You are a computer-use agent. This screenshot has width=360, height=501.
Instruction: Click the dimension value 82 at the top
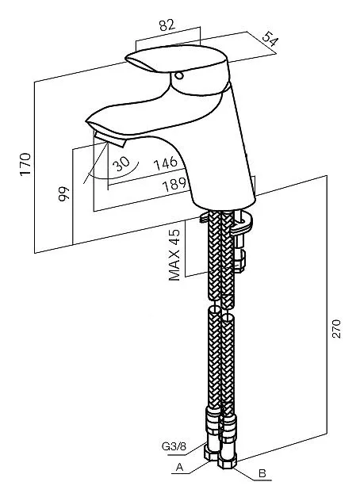167,25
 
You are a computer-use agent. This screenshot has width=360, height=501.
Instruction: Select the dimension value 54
270,40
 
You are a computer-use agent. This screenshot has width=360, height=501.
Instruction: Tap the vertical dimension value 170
25,164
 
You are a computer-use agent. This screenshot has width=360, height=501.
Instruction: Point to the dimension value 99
63,193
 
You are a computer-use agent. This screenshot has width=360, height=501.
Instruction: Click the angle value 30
121,163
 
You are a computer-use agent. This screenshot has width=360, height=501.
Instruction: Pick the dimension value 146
165,163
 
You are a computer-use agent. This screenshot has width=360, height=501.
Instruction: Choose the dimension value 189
174,185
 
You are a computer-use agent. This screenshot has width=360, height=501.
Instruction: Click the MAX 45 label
174,254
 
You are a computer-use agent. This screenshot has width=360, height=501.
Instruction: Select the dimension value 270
336,328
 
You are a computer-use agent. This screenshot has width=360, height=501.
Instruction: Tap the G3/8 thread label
174,446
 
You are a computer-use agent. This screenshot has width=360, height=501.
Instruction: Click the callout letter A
179,467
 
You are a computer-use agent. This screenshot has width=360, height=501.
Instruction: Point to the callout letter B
262,473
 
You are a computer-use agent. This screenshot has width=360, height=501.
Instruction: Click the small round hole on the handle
178,76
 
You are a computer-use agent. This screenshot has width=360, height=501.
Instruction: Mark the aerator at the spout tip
109,138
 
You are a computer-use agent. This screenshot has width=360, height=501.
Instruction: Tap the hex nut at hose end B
228,461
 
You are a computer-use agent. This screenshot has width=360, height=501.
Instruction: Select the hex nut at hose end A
212,453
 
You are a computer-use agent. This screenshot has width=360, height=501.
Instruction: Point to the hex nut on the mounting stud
239,260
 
